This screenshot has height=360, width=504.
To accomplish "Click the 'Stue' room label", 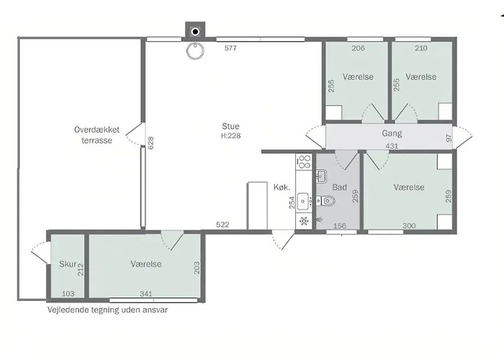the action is coord(230,126).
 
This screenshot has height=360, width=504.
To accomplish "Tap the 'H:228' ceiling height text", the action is coord(231,135).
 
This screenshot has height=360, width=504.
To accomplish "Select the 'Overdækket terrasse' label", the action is coord(96,135).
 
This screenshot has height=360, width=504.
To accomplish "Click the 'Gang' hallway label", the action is coord(392,133).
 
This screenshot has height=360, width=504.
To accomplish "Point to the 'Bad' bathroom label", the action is coord(339,187).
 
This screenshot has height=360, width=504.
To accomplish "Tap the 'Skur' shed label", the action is coord(68,264).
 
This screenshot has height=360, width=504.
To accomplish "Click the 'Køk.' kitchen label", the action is coord(282,187).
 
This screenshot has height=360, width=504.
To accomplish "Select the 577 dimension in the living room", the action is coord(230,48).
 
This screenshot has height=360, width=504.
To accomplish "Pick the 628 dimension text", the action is coord(150,143).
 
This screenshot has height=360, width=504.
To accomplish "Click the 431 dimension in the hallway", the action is coord(392,146).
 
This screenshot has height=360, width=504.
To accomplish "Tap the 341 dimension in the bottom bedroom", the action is coord(146,294).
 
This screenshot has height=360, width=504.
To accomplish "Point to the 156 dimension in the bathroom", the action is coord(340,226).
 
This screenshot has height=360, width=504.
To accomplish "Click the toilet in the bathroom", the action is coord(326,201).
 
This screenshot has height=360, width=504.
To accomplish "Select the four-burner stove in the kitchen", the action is coord(304,161).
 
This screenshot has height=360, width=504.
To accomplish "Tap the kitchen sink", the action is coord(303,202).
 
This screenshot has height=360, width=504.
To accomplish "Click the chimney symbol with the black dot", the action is coord(195,31).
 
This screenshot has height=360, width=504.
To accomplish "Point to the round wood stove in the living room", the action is coord(195,51).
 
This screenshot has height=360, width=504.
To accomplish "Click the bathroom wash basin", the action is coord(321,176).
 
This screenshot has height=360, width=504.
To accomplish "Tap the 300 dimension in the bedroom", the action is coord(409,226).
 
